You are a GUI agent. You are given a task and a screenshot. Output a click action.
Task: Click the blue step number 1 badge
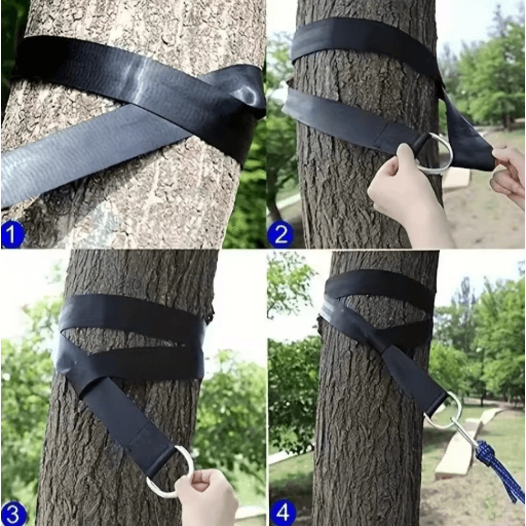pos(12,235)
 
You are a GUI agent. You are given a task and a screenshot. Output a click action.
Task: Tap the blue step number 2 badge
pos(280,235)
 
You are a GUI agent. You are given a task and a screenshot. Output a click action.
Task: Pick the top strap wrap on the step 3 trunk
pos(131,313)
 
